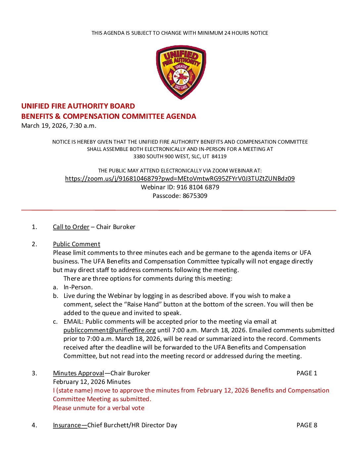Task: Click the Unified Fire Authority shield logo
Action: click(x=181, y=72)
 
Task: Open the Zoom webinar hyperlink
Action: click(x=180, y=179)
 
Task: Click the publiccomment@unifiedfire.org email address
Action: click(x=110, y=330)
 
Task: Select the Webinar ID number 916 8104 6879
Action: click(x=198, y=187)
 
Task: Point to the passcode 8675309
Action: click(x=195, y=196)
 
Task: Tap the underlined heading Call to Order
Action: click(x=71, y=227)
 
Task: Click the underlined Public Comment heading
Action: click(x=76, y=244)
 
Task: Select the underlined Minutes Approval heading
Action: click(x=78, y=373)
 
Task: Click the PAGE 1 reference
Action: click(x=307, y=373)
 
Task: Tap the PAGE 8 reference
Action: click(x=307, y=425)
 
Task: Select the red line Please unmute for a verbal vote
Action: click(x=99, y=408)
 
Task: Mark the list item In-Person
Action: click(x=78, y=287)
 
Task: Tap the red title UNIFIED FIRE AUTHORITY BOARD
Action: click(x=78, y=106)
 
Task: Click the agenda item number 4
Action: click(x=34, y=425)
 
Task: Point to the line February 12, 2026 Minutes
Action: click(x=92, y=382)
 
